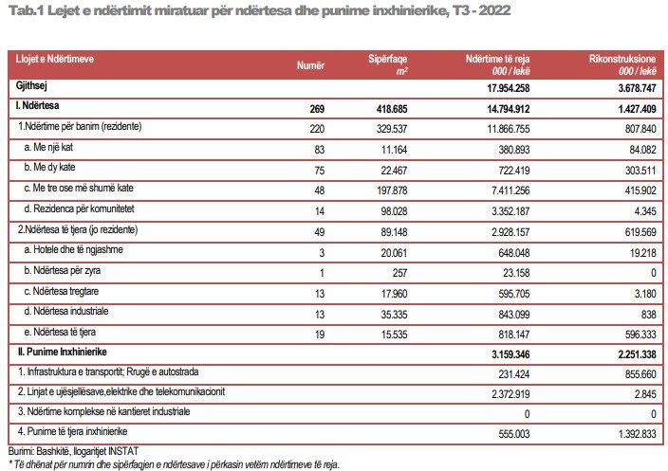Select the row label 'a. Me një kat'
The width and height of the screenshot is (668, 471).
[49, 146]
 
